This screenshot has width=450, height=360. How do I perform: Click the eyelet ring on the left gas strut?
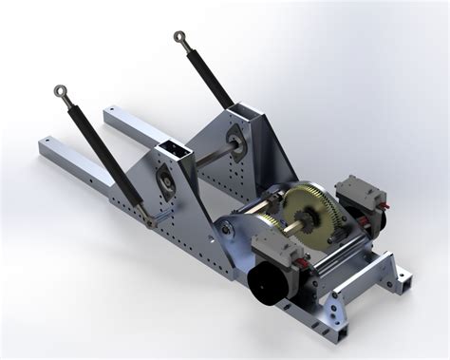coord(60,92)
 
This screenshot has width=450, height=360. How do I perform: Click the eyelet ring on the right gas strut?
coord(178,38)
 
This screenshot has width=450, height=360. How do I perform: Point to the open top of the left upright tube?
coord(173,148)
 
